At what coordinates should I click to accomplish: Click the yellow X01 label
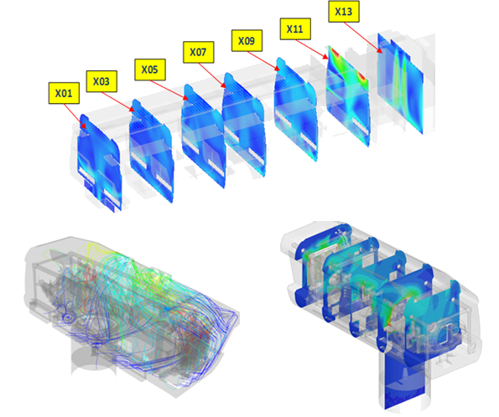click(x=64, y=93)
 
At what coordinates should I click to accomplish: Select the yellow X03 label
click(x=101, y=81)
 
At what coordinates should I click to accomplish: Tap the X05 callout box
click(x=150, y=69)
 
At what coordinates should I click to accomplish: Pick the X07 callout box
click(x=198, y=52)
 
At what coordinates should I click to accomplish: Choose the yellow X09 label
click(x=247, y=41)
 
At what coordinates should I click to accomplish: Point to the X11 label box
click(x=295, y=29)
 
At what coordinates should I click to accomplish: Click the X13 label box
click(x=344, y=12)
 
